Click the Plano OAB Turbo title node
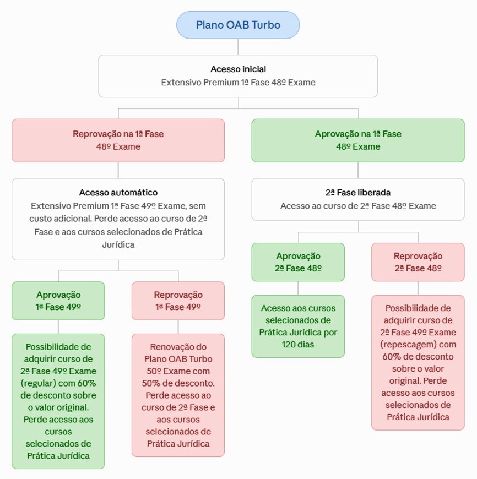tap(238, 25)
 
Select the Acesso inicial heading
tap(238, 69)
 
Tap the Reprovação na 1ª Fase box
tap(118, 140)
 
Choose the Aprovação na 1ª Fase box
tap(358, 140)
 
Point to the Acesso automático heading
tap(118, 193)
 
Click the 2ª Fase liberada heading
tap(358, 193)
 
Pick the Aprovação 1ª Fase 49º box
tap(58, 301)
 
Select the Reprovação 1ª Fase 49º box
tap(178, 301)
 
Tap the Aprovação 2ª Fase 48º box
tap(298, 262)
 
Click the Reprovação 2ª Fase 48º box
tap(418, 262)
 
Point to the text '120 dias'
tap(298, 345)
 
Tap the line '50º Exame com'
tap(178, 371)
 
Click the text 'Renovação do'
tap(178, 347)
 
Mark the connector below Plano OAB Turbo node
tap(238, 47)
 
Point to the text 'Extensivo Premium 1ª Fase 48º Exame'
tap(238, 83)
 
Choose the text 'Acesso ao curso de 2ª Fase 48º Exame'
tap(358, 206)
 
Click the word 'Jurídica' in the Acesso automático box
tap(118, 244)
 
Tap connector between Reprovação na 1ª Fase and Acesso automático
tap(118, 171)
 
